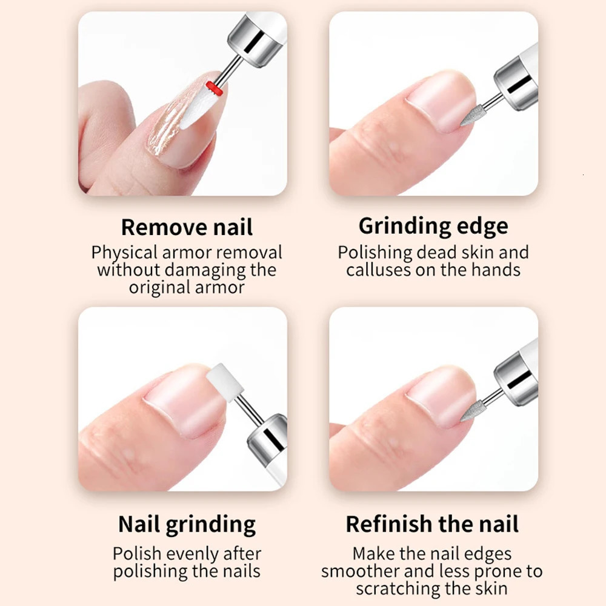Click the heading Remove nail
point(187,227)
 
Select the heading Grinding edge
point(433,226)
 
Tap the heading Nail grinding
point(187,524)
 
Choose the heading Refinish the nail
point(432,524)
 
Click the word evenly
point(195,554)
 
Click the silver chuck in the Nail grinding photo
point(267,436)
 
